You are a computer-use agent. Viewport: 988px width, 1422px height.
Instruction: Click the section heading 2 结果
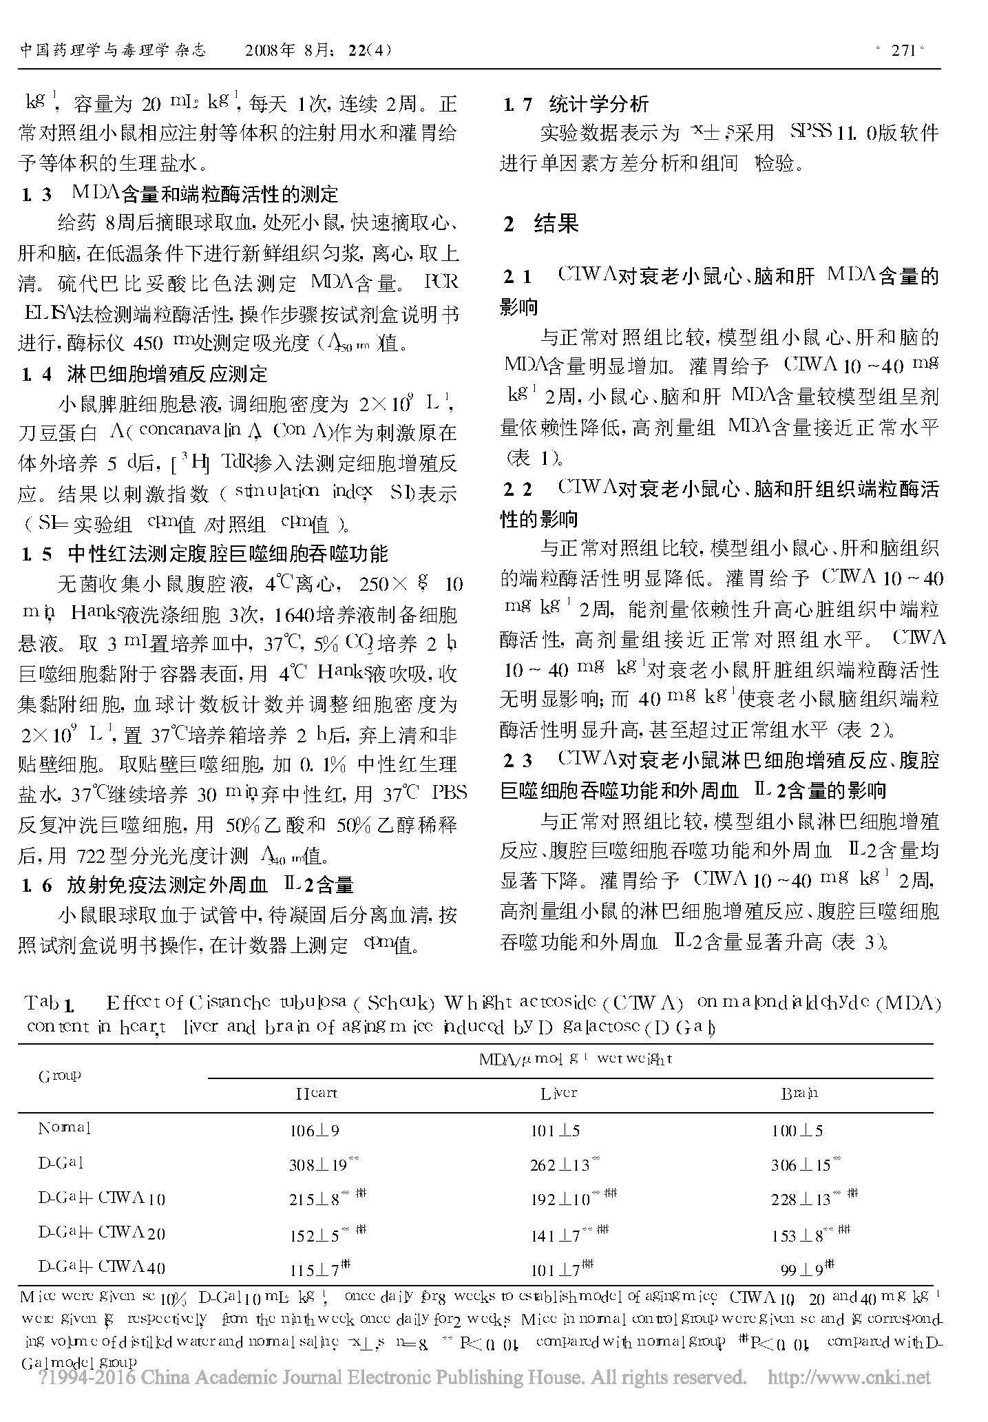[x=540, y=224]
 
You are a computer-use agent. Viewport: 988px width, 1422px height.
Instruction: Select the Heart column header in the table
[x=316, y=1093]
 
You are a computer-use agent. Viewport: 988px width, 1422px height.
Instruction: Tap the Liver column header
[x=558, y=1093]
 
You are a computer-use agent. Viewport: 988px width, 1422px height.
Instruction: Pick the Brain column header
[x=799, y=1093]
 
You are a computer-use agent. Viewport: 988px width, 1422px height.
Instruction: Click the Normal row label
[x=64, y=1129]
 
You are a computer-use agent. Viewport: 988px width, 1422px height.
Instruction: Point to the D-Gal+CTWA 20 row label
[x=101, y=1232]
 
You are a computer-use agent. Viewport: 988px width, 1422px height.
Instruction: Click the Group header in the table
[x=59, y=1075]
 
